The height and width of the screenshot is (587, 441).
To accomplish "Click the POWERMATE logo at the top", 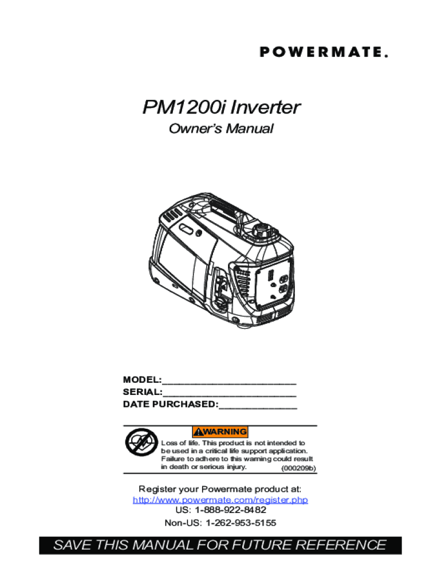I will pos(324,52).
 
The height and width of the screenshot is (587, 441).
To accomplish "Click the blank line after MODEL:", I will pos(229,381).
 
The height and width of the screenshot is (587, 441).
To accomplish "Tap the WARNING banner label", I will pos(220,431).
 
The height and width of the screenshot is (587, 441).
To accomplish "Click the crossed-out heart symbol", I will pos(140,444).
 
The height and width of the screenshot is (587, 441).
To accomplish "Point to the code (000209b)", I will pos(298,468).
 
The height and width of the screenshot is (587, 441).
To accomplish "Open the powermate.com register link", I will pos(220,500).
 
